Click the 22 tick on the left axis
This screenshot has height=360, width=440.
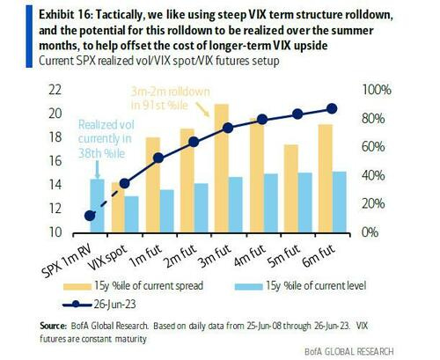(x=55, y=89)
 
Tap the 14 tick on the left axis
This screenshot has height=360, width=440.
(x=55, y=185)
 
